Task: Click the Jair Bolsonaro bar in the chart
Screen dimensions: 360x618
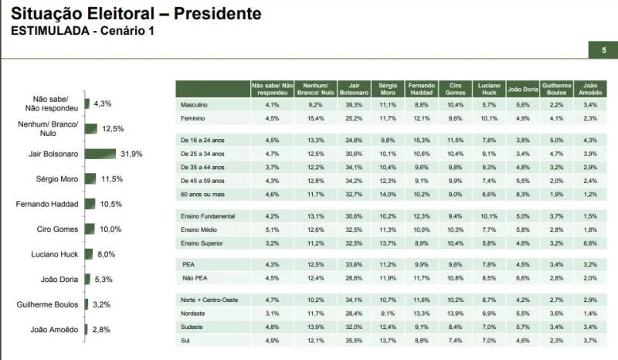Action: [100, 154]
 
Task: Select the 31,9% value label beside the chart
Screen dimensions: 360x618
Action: [131, 154]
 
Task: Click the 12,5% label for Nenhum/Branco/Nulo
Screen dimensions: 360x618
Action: [113, 128]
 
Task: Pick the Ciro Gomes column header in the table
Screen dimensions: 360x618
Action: [455, 88]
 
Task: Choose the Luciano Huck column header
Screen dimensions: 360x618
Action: [488, 88]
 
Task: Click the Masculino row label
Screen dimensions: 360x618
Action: [193, 104]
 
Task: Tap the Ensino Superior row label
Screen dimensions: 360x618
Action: [201, 243]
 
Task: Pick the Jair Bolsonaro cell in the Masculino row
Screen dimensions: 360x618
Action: [355, 104]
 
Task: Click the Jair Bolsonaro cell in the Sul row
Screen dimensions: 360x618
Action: [355, 339]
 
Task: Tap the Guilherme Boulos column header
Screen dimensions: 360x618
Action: [556, 88]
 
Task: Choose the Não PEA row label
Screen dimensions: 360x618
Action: [193, 277]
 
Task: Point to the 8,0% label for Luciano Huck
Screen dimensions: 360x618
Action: [107, 254]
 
